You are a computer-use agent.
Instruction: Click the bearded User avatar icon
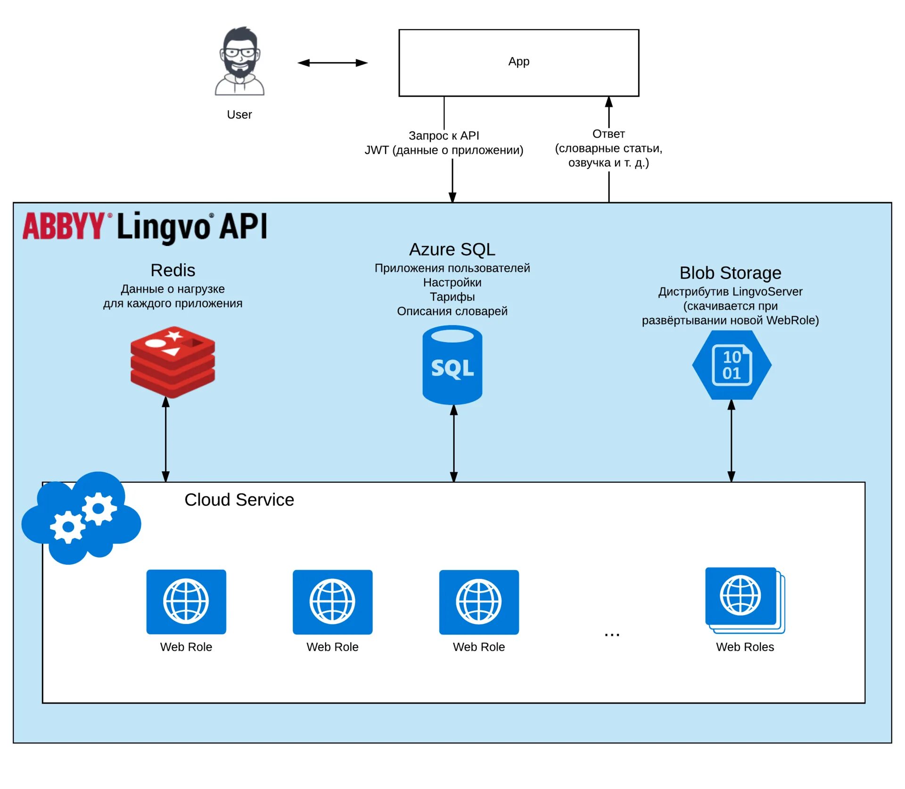click(239, 61)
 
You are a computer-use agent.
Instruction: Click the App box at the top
click(518, 63)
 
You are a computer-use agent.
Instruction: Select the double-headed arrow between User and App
click(332, 63)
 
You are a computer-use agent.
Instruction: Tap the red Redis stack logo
click(173, 362)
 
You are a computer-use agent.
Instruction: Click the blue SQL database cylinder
click(452, 365)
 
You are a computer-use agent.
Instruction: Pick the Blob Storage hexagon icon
click(732, 365)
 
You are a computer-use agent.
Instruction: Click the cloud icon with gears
click(81, 517)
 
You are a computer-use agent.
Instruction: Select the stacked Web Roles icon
click(745, 600)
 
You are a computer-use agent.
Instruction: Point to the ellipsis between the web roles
click(612, 635)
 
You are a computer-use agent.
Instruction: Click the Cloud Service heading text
click(239, 500)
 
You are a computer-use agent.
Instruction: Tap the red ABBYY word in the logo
click(64, 226)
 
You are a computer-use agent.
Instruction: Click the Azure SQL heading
click(452, 249)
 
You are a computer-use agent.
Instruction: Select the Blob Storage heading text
click(730, 273)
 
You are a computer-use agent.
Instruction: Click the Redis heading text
click(173, 271)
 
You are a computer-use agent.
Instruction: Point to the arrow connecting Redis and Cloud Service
click(165, 439)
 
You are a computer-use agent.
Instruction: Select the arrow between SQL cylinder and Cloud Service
click(453, 443)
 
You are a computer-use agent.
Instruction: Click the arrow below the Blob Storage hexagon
click(731, 441)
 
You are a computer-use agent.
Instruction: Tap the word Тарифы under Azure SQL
click(452, 297)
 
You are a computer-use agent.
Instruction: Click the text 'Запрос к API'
click(444, 136)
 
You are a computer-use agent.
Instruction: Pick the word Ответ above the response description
click(609, 134)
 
